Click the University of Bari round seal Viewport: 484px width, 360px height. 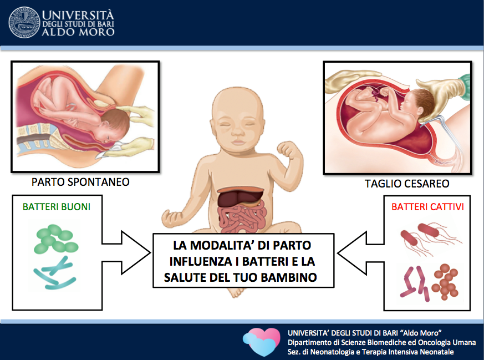pyautogui.click(x=24, y=23)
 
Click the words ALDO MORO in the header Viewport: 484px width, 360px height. pyautogui.click(x=78, y=32)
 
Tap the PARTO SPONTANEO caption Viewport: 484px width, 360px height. pyautogui.click(x=80, y=182)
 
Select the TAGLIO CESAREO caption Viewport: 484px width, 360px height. pyautogui.click(x=407, y=184)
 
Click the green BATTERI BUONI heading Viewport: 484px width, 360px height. pyautogui.click(x=57, y=206)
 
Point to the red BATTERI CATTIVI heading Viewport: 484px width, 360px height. pyautogui.click(x=427, y=206)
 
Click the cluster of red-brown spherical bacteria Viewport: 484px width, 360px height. pyautogui.click(x=445, y=281)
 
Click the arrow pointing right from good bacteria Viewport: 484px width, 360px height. pyautogui.click(x=126, y=253)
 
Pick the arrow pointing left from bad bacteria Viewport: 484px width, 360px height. pyautogui.click(x=360, y=253)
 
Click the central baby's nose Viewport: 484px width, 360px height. pyautogui.click(x=238, y=132)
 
